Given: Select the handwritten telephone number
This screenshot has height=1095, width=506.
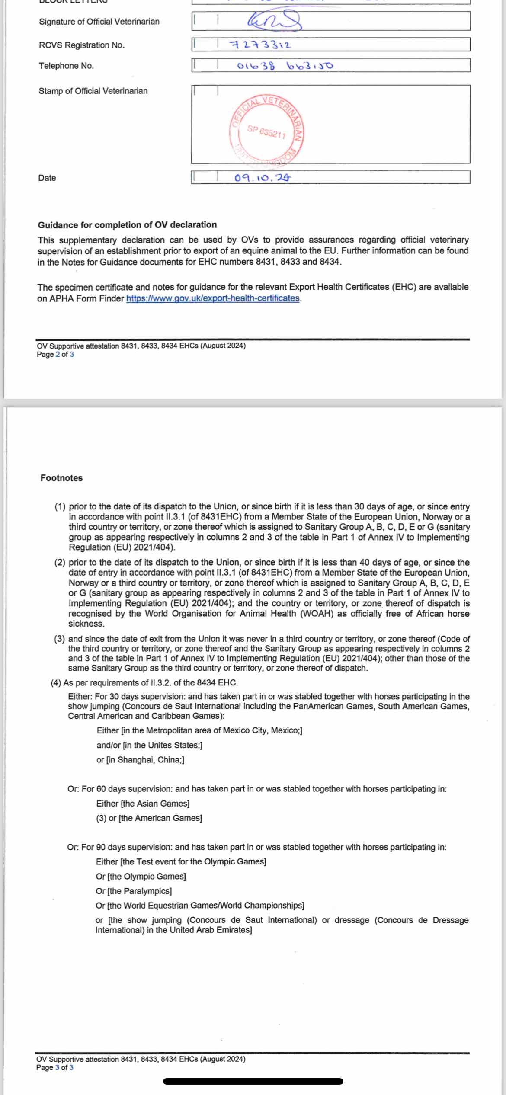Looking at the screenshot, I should click(x=285, y=66).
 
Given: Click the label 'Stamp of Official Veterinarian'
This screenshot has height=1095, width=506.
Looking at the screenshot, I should click(x=93, y=91).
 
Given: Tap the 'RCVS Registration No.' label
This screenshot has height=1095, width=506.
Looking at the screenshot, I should click(x=82, y=45).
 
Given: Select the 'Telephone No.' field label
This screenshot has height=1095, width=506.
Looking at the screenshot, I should click(x=66, y=66).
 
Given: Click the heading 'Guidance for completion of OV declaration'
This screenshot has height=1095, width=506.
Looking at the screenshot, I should click(x=127, y=225).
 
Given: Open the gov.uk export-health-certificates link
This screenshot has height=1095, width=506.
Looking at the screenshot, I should click(x=213, y=298).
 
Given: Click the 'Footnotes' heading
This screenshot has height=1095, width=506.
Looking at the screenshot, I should click(x=61, y=478).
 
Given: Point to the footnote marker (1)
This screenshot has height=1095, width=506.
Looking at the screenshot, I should click(x=60, y=506).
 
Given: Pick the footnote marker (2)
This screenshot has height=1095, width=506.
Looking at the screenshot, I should click(x=60, y=563).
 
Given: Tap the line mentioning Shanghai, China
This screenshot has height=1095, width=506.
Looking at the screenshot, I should click(x=140, y=760).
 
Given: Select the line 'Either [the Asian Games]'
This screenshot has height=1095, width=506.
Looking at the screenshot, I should click(x=143, y=804).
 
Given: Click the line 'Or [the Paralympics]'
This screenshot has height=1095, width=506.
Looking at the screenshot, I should click(x=134, y=891).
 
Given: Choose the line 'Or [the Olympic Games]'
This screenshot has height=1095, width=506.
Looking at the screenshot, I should click(x=141, y=876).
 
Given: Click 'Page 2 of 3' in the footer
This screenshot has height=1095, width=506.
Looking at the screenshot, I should click(x=55, y=355).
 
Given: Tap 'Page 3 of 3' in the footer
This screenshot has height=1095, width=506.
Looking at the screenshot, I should click(x=55, y=1067).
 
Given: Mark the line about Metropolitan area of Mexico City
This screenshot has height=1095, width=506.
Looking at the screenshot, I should click(x=199, y=730).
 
